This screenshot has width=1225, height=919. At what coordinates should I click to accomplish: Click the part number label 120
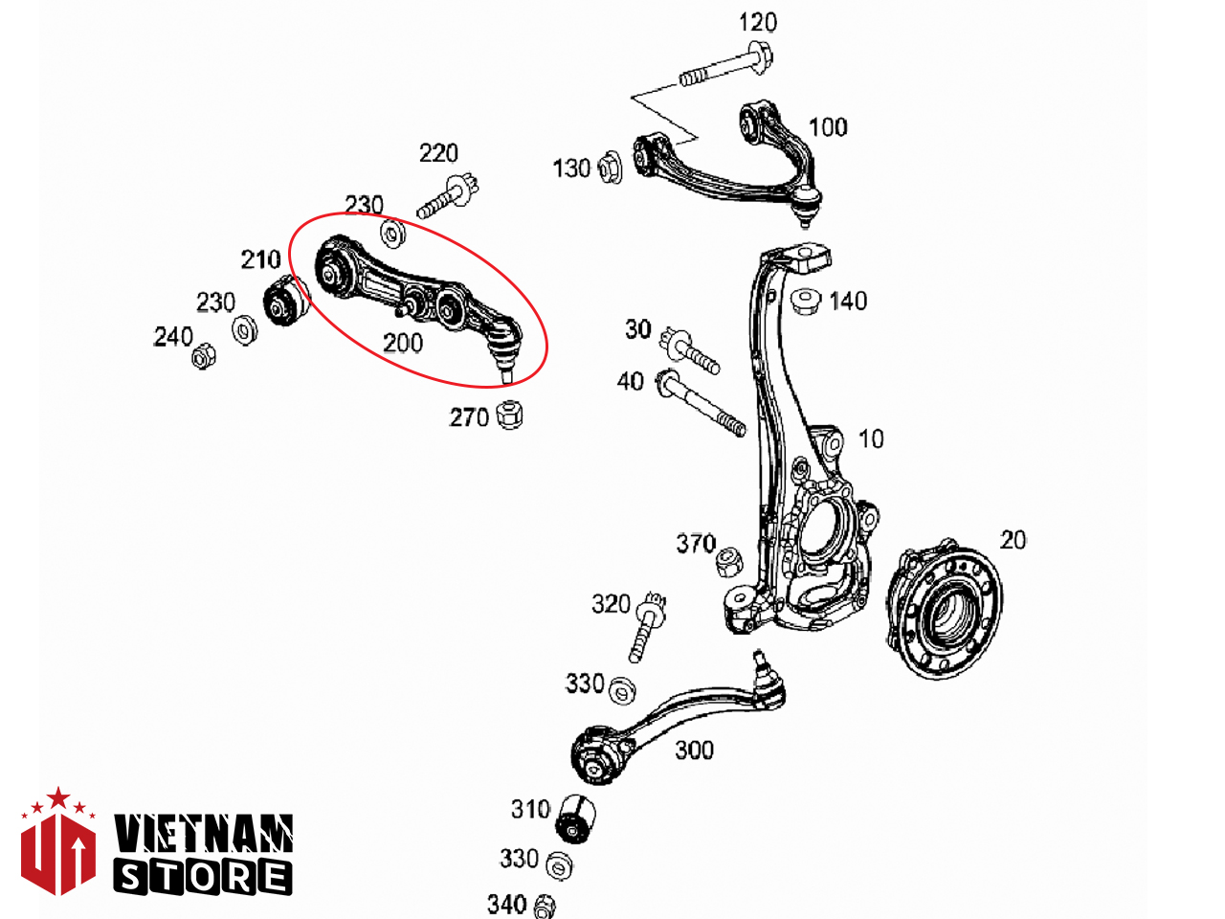[x=757, y=22]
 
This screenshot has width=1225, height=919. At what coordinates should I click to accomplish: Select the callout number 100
[x=828, y=127]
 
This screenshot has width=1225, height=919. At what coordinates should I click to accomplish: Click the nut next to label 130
[x=609, y=167]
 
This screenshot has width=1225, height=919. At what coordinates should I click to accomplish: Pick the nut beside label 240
[x=203, y=355]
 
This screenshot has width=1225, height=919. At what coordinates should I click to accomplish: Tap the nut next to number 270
[x=509, y=414]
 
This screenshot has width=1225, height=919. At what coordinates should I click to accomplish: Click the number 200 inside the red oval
[x=403, y=343]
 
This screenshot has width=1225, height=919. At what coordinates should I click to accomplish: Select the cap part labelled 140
[x=806, y=301]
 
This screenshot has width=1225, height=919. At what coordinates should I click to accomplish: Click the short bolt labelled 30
[x=689, y=350]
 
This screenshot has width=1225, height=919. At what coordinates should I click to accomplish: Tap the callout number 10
[x=871, y=439]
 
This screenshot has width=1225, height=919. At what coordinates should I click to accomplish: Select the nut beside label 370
[x=730, y=563]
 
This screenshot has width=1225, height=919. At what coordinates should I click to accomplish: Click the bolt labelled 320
[x=647, y=627]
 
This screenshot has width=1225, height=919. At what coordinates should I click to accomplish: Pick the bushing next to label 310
[x=576, y=819]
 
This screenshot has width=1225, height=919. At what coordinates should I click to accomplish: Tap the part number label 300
[x=694, y=750]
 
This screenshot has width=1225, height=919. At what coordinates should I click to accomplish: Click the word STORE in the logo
[x=203, y=878]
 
